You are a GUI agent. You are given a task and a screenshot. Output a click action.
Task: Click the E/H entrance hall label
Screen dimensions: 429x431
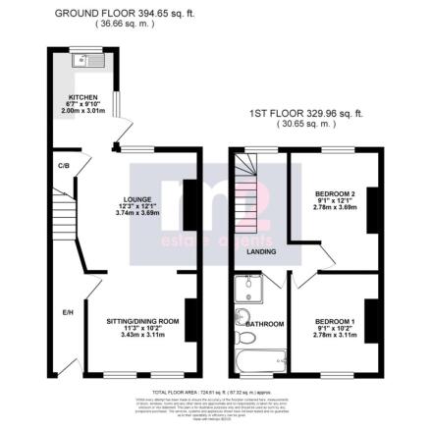point(68,312)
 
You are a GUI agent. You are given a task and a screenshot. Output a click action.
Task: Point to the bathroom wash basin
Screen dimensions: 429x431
point(240,316)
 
